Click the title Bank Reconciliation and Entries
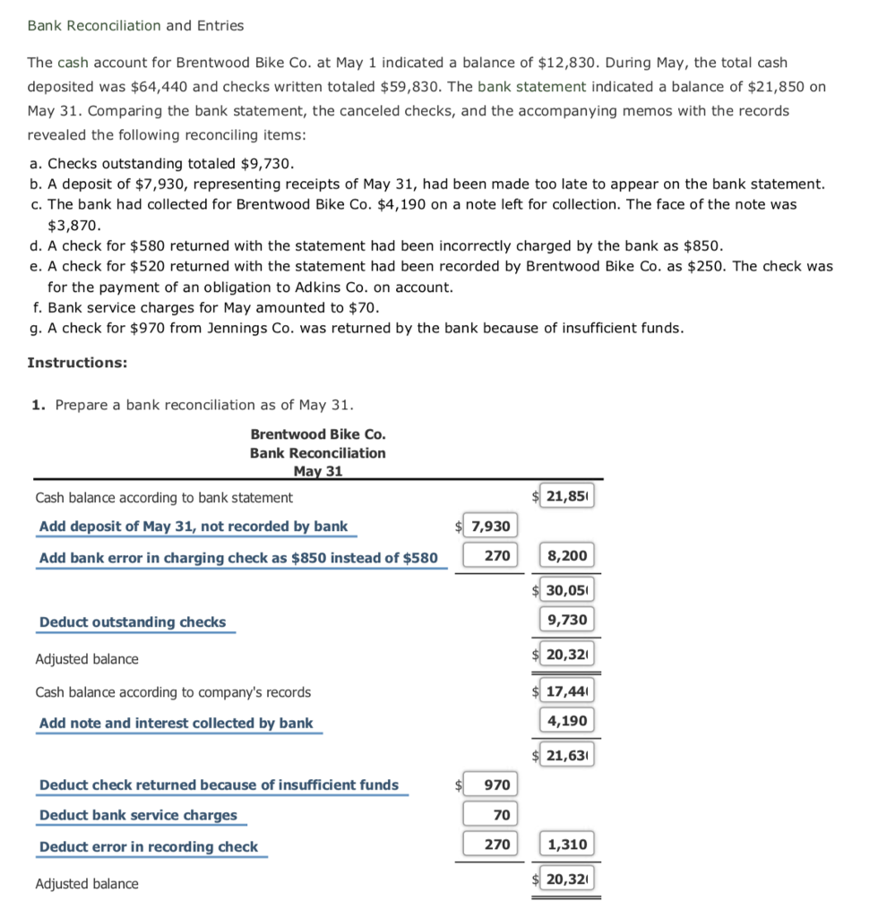tap(135, 25)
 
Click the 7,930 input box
tap(490, 527)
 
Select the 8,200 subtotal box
tap(566, 555)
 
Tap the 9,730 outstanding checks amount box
tap(566, 620)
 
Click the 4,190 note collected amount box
tap(566, 721)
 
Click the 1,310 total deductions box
tap(566, 844)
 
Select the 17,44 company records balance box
tap(566, 691)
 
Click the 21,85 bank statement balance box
tap(566, 497)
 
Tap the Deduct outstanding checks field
tap(133, 622)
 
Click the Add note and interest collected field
tap(176, 723)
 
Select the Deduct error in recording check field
tap(149, 846)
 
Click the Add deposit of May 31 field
tap(194, 527)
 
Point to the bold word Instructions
tap(77, 363)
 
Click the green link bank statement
tap(531, 87)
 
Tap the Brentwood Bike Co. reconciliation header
tap(318, 434)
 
